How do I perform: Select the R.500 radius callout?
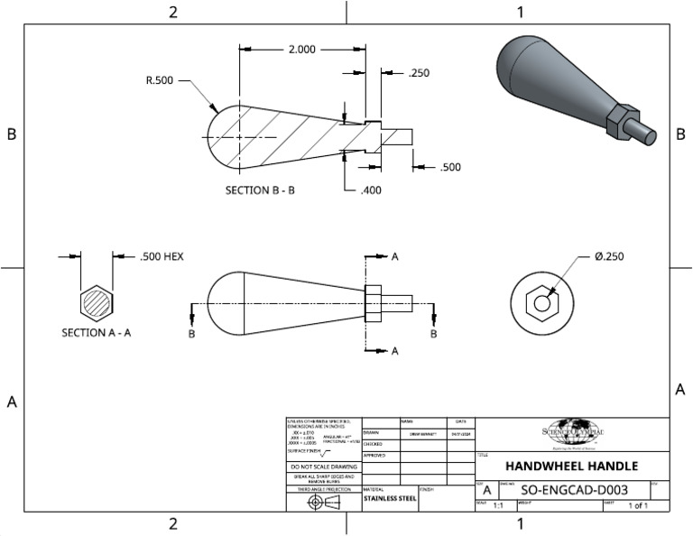coord(160,79)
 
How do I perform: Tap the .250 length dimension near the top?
coord(419,73)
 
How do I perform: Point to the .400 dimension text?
coord(370,190)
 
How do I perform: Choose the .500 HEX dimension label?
coord(162,256)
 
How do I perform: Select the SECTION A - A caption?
coord(97,332)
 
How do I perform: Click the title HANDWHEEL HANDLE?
coord(571,467)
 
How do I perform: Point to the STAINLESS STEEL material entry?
coord(390,497)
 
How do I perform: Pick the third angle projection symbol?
coord(323,502)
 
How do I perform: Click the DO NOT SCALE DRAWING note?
coord(323,467)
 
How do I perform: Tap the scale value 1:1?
coord(498,506)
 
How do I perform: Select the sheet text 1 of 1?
coord(638,506)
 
